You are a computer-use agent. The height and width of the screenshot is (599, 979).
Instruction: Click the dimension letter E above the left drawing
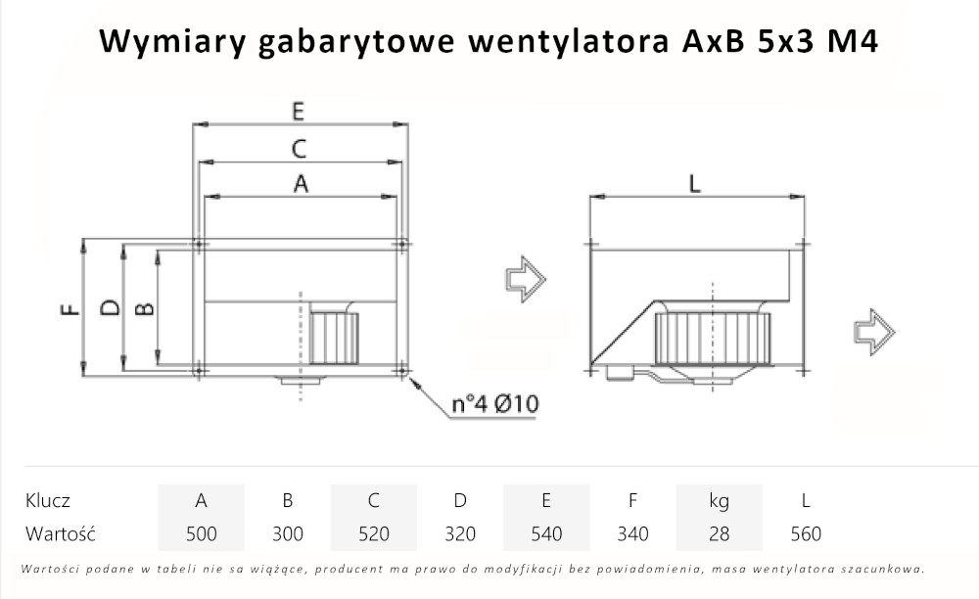tap(299, 112)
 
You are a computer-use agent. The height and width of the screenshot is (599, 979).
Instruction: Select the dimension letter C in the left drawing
tap(300, 149)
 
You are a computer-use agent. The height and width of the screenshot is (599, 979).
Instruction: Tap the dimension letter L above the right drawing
tap(695, 184)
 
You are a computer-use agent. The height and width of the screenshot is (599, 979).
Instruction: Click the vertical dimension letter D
tap(111, 307)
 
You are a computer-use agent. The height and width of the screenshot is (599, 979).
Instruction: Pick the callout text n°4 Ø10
tap(495, 404)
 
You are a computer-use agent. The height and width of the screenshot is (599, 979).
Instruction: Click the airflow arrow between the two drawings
tap(524, 278)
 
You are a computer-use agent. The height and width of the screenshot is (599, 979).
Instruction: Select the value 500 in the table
tap(201, 534)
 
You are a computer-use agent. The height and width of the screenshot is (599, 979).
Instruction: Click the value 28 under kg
tap(719, 534)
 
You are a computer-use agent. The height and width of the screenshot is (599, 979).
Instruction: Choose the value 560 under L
tap(806, 534)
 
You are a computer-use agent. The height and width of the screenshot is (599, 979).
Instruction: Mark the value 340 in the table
tap(632, 534)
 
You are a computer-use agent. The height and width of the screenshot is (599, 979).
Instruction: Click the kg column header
tap(719, 501)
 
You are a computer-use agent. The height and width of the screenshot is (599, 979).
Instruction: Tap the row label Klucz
tap(47, 501)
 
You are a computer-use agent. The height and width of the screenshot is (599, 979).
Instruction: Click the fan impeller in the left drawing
tap(334, 339)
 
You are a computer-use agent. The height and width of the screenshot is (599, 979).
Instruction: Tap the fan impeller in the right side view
tap(712, 339)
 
